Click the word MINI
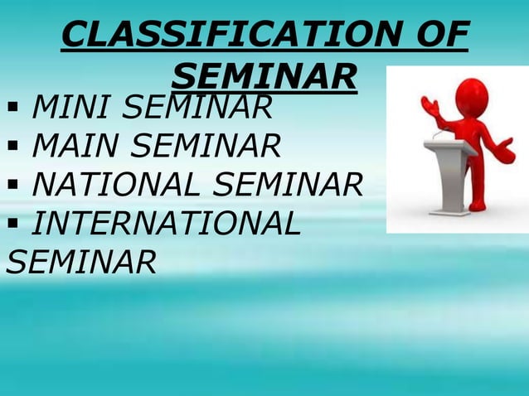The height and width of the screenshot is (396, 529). pos(71,107)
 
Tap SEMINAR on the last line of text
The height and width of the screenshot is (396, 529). pos(80,262)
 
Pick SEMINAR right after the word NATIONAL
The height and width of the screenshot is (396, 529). pos(294,186)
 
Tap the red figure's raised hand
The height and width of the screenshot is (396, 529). pos(430,106)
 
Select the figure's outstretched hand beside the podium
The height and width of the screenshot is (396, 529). pos(504,151)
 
